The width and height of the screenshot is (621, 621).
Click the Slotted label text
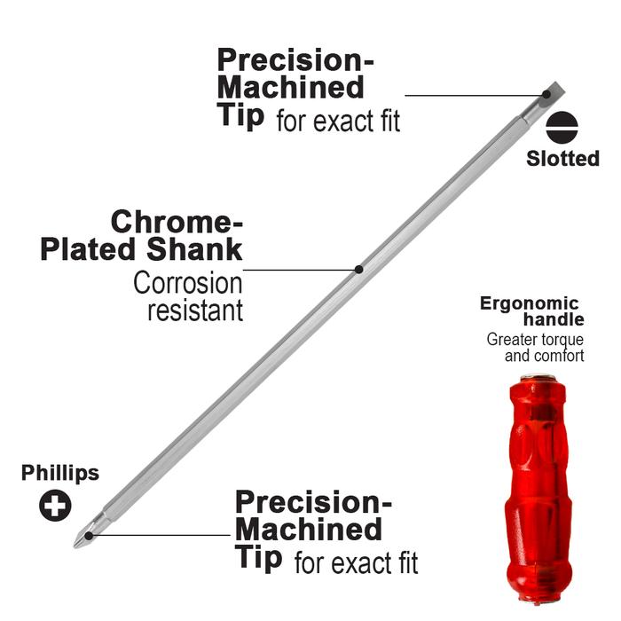coord(562,159)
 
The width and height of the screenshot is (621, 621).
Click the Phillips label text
coord(60,474)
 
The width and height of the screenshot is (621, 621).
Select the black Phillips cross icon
coord(55,507)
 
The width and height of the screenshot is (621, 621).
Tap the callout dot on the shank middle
coord(358,269)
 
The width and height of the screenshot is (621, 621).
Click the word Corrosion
coord(187,284)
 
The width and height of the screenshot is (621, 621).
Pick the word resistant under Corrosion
coord(194,311)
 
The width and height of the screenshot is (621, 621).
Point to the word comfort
coord(560,356)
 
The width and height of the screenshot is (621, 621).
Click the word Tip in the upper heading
coord(240,116)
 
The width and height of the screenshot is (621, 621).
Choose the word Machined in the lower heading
coord(309,530)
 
